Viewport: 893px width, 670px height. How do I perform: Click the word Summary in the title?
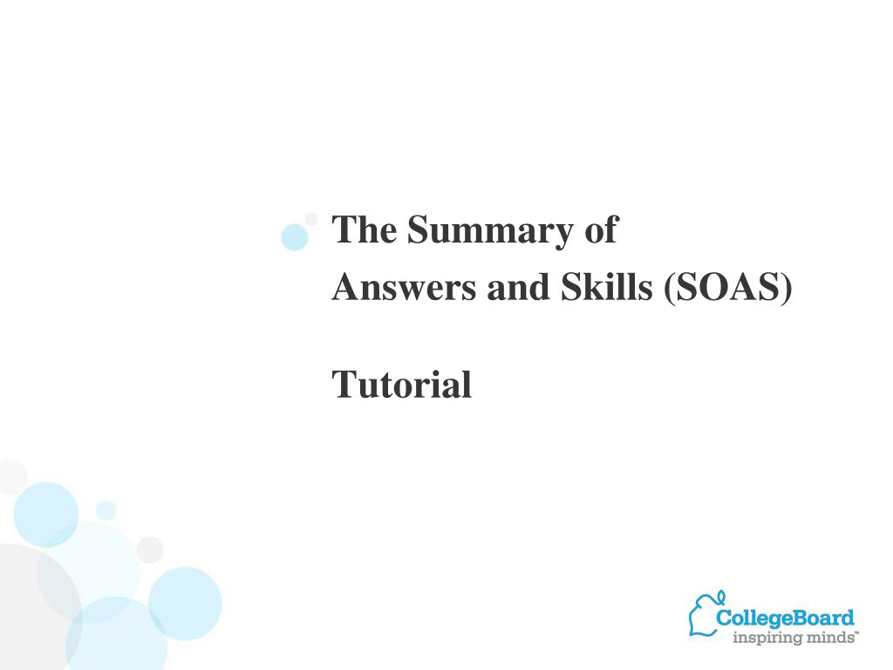click(490, 231)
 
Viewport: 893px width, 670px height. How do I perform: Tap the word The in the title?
click(364, 229)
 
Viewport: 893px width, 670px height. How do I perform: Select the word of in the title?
click(602, 229)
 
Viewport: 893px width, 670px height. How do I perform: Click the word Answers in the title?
click(404, 286)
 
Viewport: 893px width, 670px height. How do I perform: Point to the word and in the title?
click(518, 286)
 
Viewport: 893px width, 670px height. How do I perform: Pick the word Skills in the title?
click(607, 286)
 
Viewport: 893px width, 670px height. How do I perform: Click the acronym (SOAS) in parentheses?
click(728, 287)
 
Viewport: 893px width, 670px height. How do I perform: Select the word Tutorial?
click(401, 385)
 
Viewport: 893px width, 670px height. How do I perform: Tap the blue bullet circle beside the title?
click(295, 237)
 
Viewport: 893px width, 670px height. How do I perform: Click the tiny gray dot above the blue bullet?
click(311, 219)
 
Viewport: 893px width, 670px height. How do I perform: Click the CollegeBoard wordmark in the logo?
click(785, 619)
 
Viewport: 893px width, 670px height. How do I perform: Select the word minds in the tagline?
click(828, 636)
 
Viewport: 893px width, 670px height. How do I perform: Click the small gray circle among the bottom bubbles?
click(150, 550)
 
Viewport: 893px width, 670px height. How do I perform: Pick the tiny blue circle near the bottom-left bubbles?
click(106, 509)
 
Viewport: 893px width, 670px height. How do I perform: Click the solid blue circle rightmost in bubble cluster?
click(185, 604)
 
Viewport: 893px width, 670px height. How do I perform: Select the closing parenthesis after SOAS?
click(787, 288)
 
